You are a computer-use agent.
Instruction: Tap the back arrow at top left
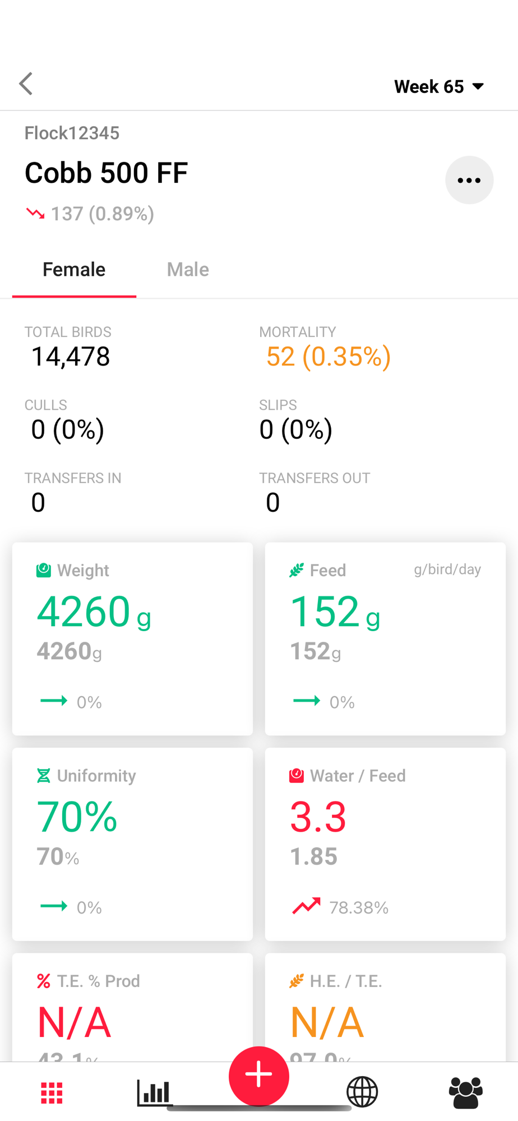[26, 84]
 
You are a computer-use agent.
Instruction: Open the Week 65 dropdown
[438, 86]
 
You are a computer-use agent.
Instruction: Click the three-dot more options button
[469, 180]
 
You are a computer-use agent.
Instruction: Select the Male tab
[188, 270]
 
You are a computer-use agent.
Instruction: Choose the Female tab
[74, 270]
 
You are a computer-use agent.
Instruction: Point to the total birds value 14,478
[71, 356]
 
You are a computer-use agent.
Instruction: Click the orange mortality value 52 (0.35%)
[328, 356]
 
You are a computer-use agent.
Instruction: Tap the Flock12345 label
[72, 133]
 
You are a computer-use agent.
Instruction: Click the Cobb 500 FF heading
[106, 173]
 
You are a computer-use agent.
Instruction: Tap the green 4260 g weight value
[93, 612]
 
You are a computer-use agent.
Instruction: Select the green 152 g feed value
[334, 612]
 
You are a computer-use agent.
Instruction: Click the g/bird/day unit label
[447, 569]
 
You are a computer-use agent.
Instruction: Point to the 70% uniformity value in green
[77, 817]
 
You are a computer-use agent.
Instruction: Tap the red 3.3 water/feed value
[318, 817]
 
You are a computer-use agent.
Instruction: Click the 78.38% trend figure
[359, 907]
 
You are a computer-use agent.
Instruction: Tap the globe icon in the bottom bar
[362, 1092]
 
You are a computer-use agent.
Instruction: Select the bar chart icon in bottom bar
[153, 1092]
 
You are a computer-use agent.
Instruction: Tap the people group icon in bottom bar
[465, 1092]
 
